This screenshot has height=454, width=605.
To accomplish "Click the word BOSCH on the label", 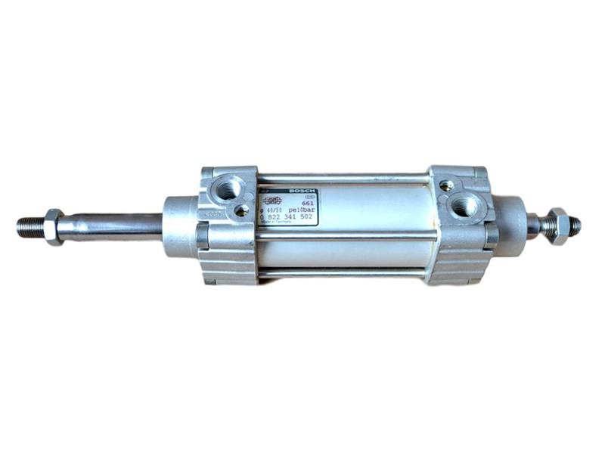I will (x=302, y=191).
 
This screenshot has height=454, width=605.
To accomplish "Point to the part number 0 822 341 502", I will (x=288, y=216).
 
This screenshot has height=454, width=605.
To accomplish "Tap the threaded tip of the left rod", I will (x=29, y=225).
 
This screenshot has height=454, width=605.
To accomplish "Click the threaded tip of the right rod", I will (x=574, y=225).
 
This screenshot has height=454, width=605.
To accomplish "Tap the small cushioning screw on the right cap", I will (x=448, y=185).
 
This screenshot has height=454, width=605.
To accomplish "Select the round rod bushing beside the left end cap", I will (x=180, y=226).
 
